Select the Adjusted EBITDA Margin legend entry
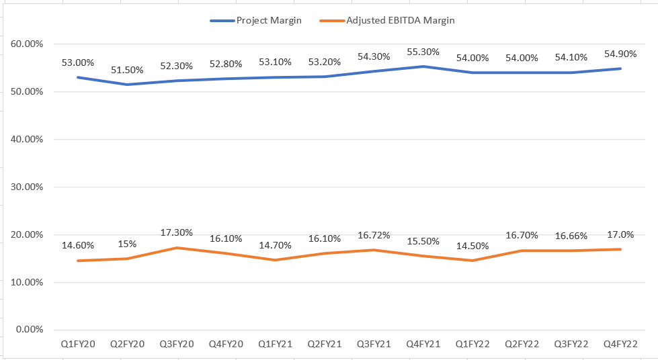pyautogui.click(x=401, y=20)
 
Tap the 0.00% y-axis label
pyautogui.click(x=29, y=329)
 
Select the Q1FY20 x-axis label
pyautogui.click(x=78, y=344)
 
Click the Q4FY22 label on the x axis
pyautogui.click(x=620, y=344)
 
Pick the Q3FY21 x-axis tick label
pyautogui.click(x=374, y=344)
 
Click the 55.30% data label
pyautogui.click(x=423, y=51)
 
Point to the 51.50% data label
pyautogui.click(x=127, y=69)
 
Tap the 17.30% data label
pyautogui.click(x=176, y=232)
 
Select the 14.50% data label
pyautogui.click(x=472, y=246)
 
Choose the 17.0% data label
pyautogui.click(x=620, y=234)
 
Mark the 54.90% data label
pyautogui.click(x=620, y=53)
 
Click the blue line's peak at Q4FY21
pyautogui.click(x=423, y=66)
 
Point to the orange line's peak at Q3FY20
pyautogui.click(x=176, y=248)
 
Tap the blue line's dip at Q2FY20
pyautogui.click(x=127, y=84)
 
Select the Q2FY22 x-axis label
pyautogui.click(x=522, y=344)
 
